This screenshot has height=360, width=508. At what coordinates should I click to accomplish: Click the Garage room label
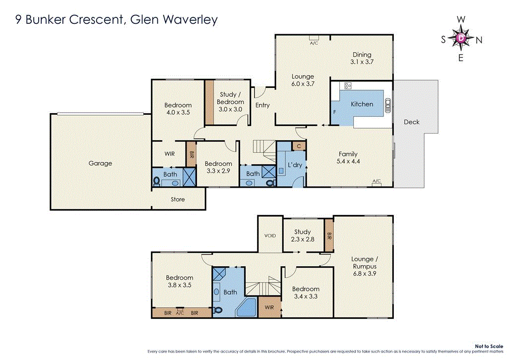coord(100,163)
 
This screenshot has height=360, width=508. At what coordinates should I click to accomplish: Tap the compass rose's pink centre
coord(461,38)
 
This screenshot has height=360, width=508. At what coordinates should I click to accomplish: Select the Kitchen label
coord(362,104)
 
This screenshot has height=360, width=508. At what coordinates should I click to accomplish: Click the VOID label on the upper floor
coord(270,236)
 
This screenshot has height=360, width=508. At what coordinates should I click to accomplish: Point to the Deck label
coord(411,122)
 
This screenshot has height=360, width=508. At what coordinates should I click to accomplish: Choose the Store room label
coord(178,200)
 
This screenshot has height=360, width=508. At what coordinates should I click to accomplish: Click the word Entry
coord(262,105)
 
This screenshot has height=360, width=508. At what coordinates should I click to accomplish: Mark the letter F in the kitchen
coord(334,112)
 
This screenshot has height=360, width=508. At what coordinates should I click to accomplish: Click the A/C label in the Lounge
coord(314,43)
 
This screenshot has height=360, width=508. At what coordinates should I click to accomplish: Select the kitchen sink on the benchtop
coord(387,105)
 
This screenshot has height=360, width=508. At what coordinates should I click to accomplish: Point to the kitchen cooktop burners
coord(348,86)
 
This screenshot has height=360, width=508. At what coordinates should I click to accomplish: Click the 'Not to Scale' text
coord(489,346)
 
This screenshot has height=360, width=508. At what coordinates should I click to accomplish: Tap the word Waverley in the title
coord(190,20)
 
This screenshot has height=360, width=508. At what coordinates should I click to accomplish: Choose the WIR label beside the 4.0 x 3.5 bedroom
coord(169,154)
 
